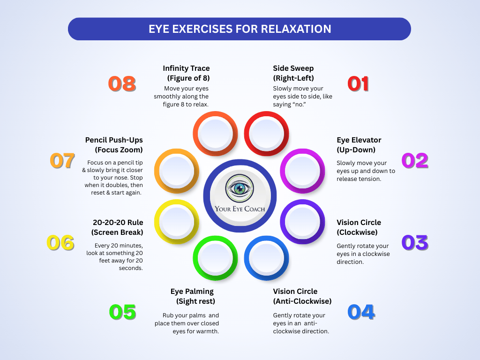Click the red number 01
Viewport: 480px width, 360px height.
click(x=358, y=84)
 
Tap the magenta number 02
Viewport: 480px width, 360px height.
click(x=415, y=161)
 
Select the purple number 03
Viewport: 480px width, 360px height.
click(x=415, y=242)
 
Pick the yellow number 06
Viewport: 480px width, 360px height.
click(x=60, y=243)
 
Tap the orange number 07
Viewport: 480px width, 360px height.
click(x=62, y=161)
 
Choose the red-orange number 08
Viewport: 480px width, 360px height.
click(x=122, y=84)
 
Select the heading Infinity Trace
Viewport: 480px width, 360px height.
click(x=186, y=68)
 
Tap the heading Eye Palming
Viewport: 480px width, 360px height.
click(x=192, y=292)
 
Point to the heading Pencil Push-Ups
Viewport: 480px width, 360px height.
click(x=114, y=140)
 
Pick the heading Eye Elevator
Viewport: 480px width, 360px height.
click(x=359, y=140)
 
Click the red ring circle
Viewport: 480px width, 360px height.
click(x=266, y=133)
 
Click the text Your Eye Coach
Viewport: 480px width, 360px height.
click(x=240, y=209)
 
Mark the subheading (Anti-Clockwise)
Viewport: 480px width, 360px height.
click(x=302, y=301)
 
